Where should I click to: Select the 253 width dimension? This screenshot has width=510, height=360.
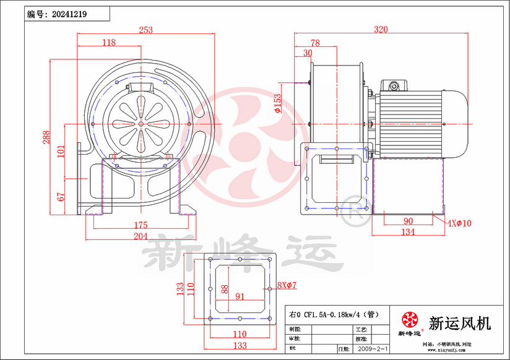[x=145, y=29]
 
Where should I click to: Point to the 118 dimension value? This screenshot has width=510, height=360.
[x=109, y=43]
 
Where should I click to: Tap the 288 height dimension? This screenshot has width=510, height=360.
[x=46, y=137]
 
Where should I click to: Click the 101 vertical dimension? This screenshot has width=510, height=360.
[x=61, y=152]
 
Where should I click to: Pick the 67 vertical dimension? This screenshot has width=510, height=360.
[x=61, y=197]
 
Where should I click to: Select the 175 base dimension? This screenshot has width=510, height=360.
[x=140, y=225]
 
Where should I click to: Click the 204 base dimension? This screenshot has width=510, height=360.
[x=140, y=236]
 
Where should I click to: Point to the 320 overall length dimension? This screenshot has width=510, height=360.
[x=381, y=29]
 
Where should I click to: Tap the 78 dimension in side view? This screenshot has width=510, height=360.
[x=315, y=43]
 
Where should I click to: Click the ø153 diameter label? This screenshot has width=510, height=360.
[x=277, y=103]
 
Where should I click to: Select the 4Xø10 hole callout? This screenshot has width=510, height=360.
[x=459, y=223]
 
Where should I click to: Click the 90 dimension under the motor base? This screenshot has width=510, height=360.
[x=408, y=221]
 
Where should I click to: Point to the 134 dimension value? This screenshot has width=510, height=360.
[x=408, y=232]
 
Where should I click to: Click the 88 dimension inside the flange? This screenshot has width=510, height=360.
[x=225, y=288]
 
